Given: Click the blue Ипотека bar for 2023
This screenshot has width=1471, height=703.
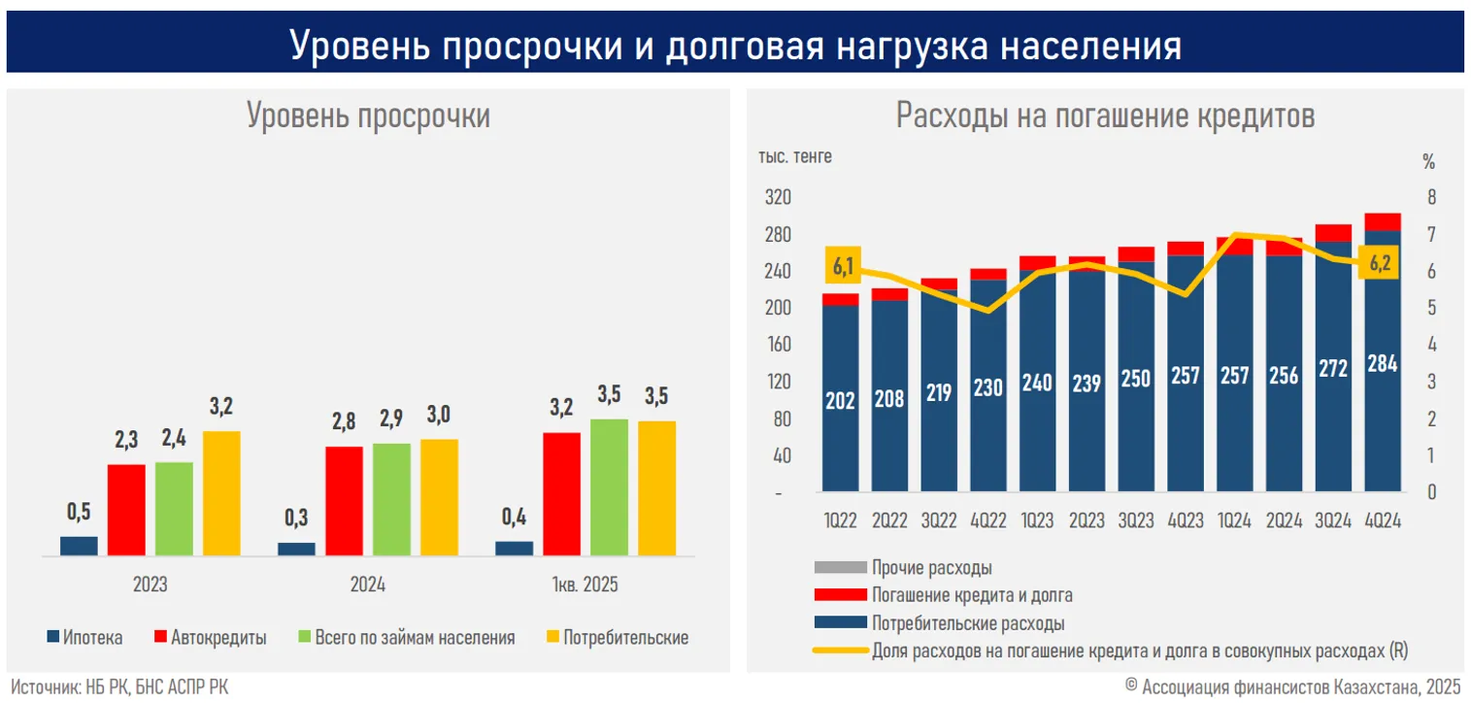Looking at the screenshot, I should click(79, 546).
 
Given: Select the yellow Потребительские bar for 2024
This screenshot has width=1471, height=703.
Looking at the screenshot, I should click(439, 497).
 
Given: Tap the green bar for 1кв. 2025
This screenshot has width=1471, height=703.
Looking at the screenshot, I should click(609, 487).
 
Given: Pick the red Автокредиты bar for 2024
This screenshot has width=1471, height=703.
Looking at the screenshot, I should click(344, 501).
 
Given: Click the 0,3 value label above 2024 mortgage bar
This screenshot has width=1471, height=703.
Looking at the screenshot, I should click(296, 519).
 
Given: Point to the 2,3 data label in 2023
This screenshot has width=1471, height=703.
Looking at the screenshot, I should click(125, 441).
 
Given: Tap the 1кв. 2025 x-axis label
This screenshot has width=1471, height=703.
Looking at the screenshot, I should click(585, 586).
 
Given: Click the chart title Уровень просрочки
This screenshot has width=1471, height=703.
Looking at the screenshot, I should click(368, 117).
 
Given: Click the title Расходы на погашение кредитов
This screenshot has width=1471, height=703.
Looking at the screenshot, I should click(1105, 117).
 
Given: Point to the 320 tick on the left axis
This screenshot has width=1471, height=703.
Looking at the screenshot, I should click(779, 198).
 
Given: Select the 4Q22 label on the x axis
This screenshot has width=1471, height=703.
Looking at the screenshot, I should click(988, 521).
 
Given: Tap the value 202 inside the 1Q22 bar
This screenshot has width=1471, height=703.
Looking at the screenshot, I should click(840, 400).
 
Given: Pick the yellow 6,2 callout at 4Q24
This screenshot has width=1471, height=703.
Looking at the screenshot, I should click(1380, 262).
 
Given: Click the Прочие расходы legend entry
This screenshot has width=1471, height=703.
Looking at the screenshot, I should click(931, 568).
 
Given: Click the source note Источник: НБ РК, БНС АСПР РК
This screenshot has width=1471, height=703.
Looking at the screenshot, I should click(120, 686).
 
